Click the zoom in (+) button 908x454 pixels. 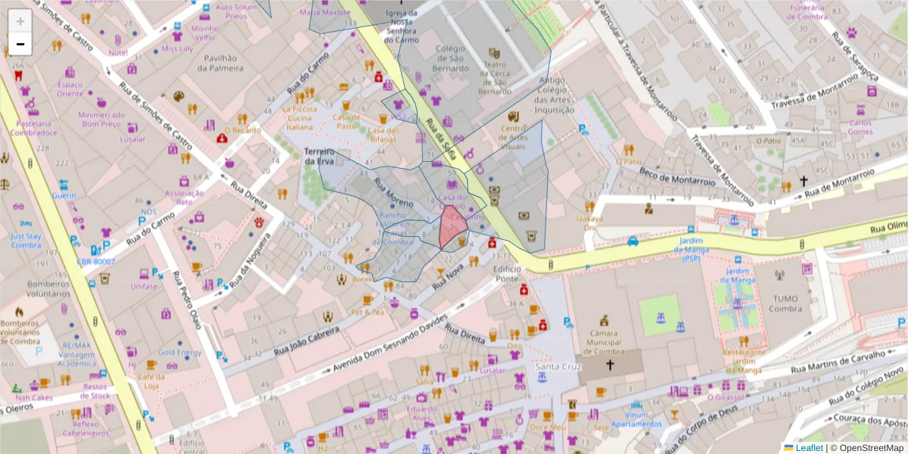click(x=20, y=21)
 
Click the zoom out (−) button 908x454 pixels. click(x=20, y=44)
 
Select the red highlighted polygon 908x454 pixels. click(x=452, y=227)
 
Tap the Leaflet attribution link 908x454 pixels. click(x=808, y=448)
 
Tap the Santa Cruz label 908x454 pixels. click(x=558, y=367)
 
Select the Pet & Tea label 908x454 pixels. click(x=367, y=312)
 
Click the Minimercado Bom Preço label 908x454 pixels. click(x=101, y=119)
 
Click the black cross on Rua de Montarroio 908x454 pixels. click(x=785, y=182)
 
